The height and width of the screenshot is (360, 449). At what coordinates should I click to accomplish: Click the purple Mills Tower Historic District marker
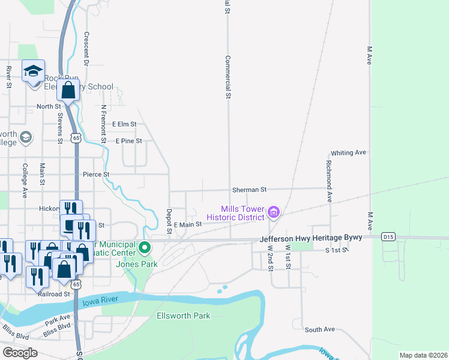pyautogui.click(x=274, y=212)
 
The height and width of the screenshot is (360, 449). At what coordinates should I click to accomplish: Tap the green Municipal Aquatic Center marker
pyautogui.click(x=145, y=247)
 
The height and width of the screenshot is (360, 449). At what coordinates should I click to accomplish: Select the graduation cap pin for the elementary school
pyautogui.click(x=34, y=72)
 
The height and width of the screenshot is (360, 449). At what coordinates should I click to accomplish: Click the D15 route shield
pyautogui.click(x=387, y=238)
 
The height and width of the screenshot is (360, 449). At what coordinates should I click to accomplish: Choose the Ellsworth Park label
pyautogui.click(x=183, y=316)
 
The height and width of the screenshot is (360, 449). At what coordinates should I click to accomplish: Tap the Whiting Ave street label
pyautogui.click(x=348, y=153)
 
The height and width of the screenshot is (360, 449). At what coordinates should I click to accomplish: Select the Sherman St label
pyautogui.click(x=249, y=190)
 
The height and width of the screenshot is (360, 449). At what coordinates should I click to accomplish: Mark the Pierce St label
pyautogui.click(x=96, y=174)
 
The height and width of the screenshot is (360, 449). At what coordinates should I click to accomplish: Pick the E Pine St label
pyautogui.click(x=128, y=141)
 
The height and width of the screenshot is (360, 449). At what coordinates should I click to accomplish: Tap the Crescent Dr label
pyautogui.click(x=86, y=49)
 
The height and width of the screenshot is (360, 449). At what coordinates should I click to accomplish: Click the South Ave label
pyautogui.click(x=319, y=330)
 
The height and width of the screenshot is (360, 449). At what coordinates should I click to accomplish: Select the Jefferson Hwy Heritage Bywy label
pyautogui.click(x=312, y=238)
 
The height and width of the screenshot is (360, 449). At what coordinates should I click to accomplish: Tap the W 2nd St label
pyautogui.click(x=270, y=256)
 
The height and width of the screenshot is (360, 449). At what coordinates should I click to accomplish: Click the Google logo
pyautogui.click(x=20, y=352)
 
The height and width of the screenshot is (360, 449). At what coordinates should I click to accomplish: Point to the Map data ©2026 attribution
pyautogui.click(x=423, y=355)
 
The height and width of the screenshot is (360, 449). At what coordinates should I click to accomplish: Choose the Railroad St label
pyautogui.click(x=55, y=294)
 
